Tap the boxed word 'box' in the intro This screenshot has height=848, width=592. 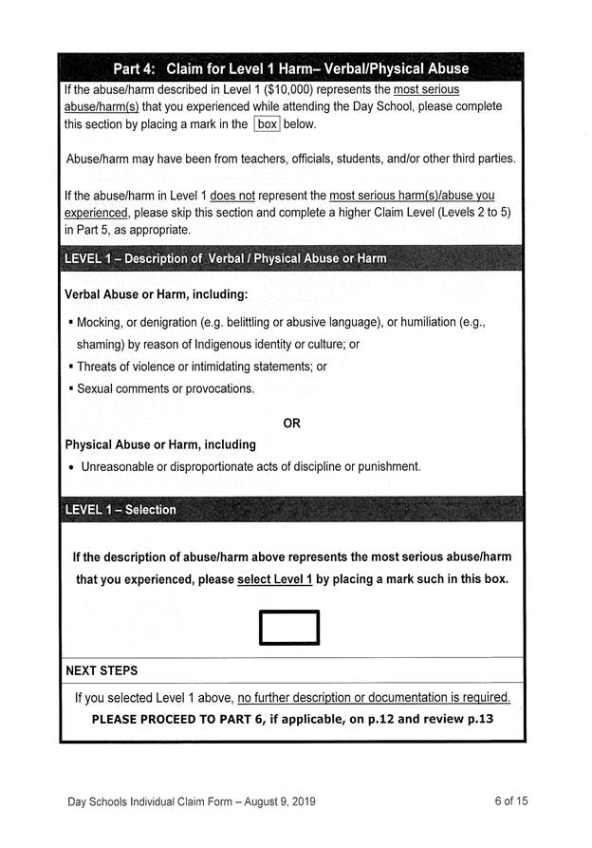point(266,124)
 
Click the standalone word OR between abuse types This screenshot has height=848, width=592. point(291,424)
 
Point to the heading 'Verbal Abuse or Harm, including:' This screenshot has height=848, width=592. point(157,294)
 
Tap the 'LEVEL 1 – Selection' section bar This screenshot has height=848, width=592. point(120,510)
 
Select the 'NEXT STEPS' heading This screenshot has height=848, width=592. point(102,670)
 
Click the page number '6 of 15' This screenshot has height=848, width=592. point(511,801)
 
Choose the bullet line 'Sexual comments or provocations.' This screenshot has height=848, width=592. point(165,388)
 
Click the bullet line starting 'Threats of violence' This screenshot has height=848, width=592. point(201,367)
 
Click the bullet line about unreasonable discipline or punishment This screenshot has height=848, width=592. point(250,466)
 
